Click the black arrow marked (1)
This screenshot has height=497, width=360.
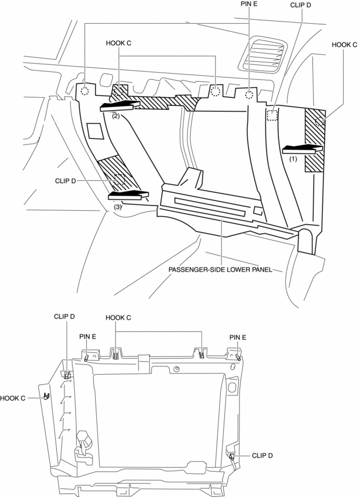[x=303, y=149]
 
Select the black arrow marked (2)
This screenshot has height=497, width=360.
[x=119, y=106]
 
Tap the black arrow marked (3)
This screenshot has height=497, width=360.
[x=128, y=195]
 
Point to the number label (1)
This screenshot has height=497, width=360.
[x=293, y=160]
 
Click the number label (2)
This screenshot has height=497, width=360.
[x=116, y=116]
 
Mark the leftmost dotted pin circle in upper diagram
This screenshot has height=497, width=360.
[x=84, y=91]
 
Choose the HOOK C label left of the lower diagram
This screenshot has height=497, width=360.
[x=19, y=398]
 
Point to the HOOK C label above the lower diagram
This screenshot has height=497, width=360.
[x=118, y=318]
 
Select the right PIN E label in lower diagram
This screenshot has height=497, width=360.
[x=237, y=337]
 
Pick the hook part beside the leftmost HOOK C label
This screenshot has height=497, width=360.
[x=47, y=397]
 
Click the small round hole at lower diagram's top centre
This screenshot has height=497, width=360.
[x=177, y=369]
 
